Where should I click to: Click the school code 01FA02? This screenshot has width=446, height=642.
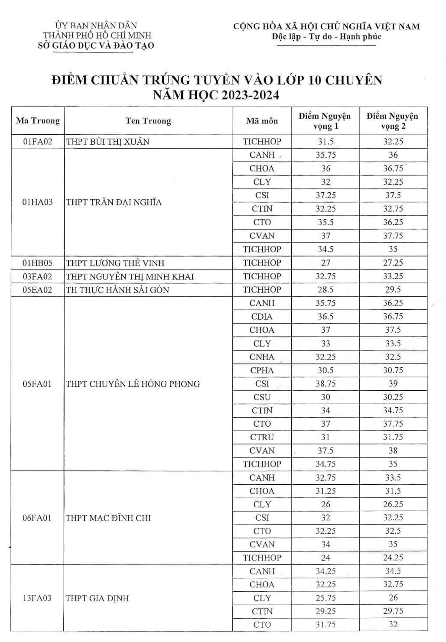point(37,142)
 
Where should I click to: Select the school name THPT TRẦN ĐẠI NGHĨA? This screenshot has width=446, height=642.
point(114,202)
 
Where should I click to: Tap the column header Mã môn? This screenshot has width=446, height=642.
point(262,121)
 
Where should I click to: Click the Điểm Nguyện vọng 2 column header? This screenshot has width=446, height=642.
point(393,121)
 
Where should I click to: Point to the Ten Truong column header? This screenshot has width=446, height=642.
point(148,121)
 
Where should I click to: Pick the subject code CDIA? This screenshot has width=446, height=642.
point(262,317)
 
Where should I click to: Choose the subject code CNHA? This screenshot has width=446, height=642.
point(262,357)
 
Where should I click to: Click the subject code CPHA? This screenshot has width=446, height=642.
point(262,370)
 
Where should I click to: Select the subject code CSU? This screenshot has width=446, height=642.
point(262,397)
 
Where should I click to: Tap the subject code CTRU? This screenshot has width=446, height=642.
point(262,437)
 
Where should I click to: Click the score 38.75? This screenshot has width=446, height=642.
point(326,384)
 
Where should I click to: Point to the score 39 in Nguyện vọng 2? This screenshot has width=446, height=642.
point(393,384)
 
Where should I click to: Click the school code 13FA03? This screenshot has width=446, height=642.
point(37,598)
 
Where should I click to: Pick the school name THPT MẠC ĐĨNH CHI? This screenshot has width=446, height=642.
point(108,518)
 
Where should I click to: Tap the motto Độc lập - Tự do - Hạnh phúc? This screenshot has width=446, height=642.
point(326,37)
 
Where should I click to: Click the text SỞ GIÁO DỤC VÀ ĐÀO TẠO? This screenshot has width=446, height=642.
point(96,45)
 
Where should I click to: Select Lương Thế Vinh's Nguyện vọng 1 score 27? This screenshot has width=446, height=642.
point(326,263)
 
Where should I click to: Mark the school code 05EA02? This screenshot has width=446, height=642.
point(37,290)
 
